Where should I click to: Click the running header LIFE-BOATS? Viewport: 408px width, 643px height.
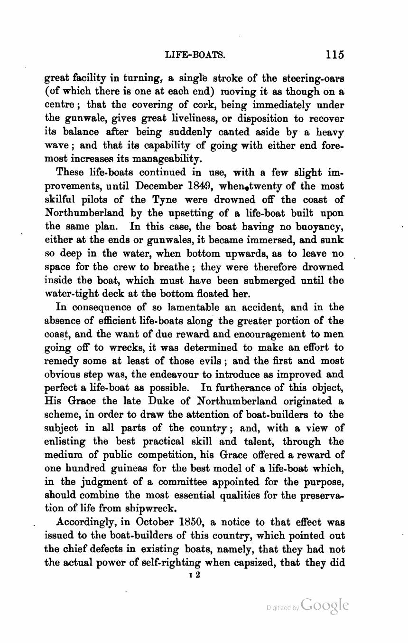195,55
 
